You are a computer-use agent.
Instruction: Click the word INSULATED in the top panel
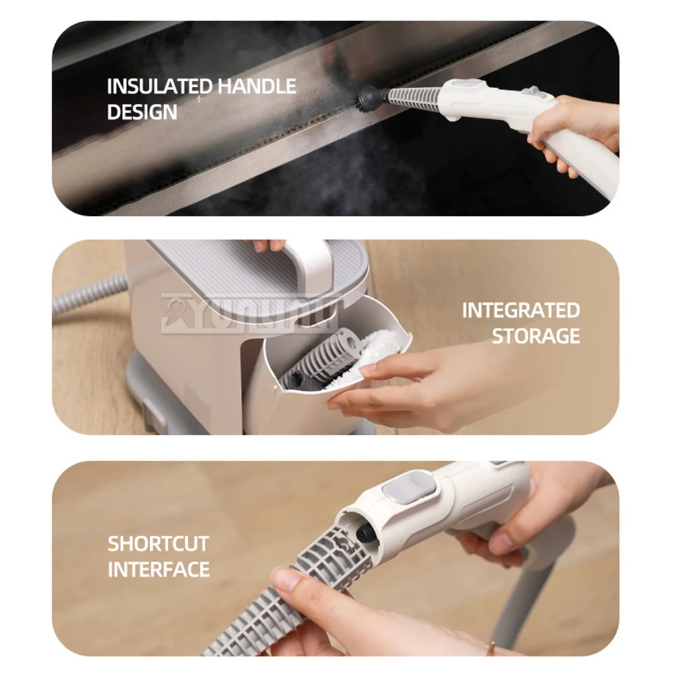(x=159, y=86)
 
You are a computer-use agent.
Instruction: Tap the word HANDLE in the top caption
(x=256, y=86)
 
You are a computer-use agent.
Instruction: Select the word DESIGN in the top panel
(x=142, y=112)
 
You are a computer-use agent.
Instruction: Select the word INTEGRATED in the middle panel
(x=520, y=310)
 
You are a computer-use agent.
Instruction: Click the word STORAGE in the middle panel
(x=536, y=336)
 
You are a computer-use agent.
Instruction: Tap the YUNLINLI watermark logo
(x=249, y=313)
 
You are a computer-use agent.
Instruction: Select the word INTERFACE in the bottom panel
(x=159, y=569)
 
